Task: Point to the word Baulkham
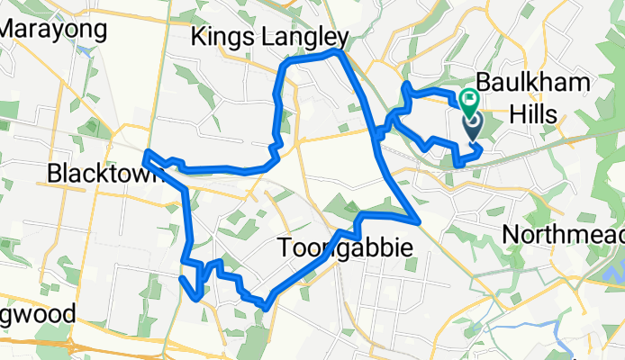(533, 84)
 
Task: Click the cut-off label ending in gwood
(36, 316)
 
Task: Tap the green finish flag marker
(470, 100)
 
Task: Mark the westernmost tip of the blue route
(146, 154)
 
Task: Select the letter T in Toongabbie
(284, 247)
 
